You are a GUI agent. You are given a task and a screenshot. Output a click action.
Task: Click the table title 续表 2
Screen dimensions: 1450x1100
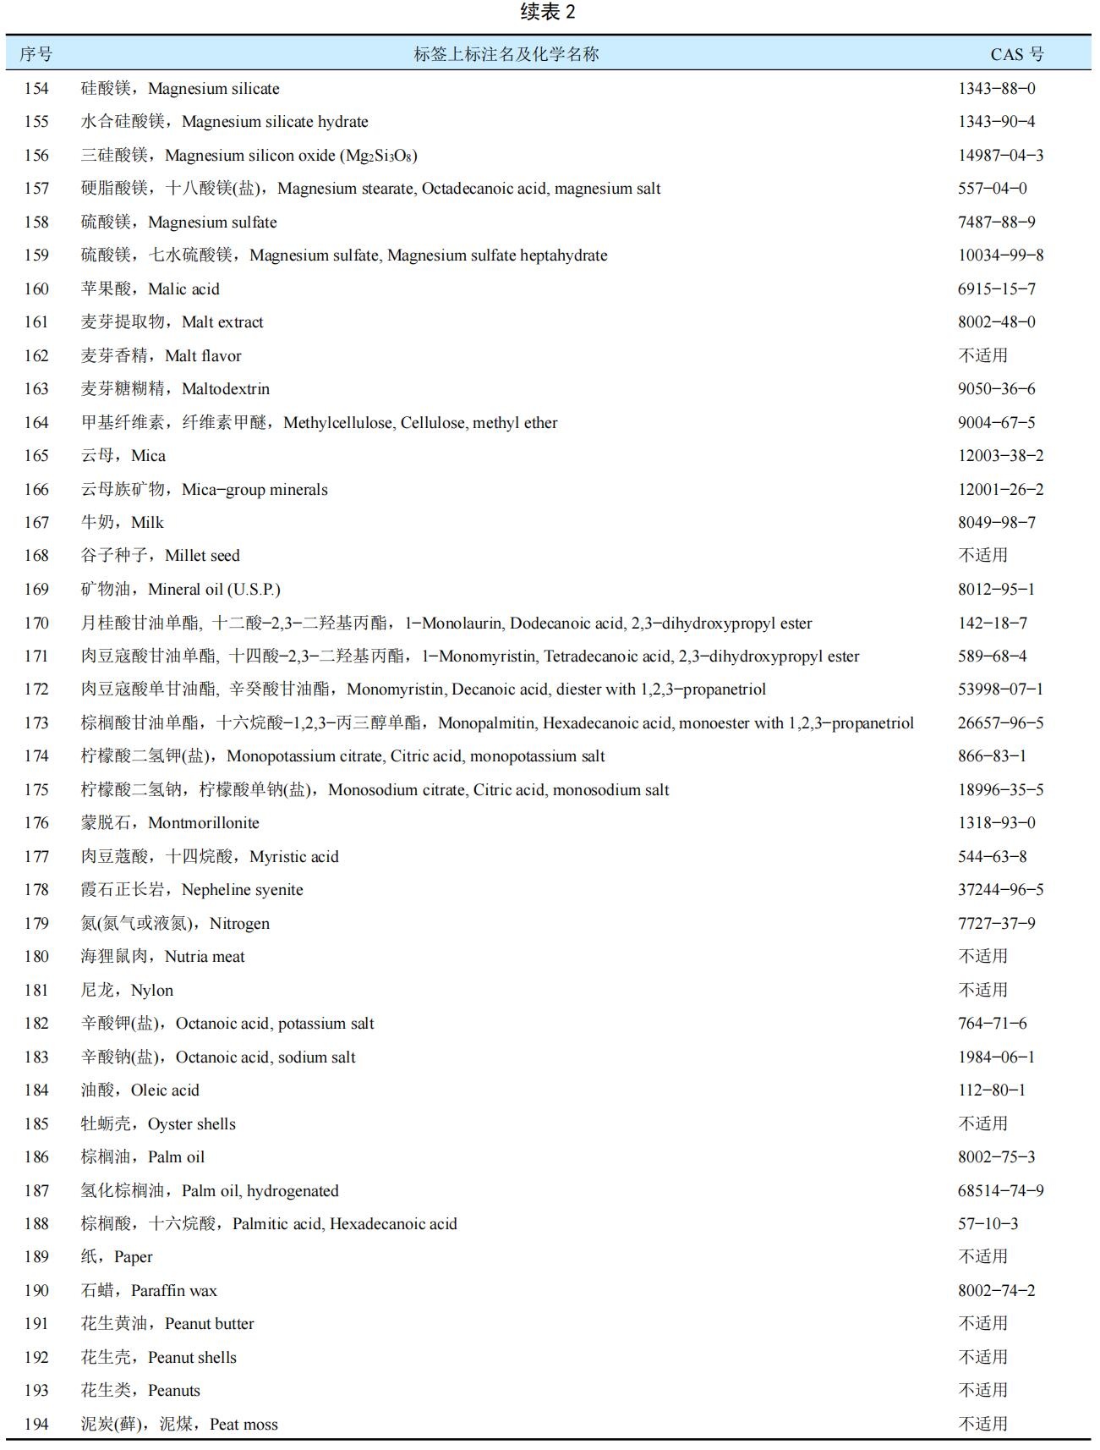[x=549, y=12]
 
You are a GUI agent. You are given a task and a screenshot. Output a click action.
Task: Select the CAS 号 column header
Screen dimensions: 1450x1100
[x=1016, y=54]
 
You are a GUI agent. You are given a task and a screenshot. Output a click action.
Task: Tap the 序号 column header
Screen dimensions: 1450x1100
[x=36, y=54]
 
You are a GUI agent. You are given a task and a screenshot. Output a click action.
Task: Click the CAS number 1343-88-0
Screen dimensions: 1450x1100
[x=996, y=88]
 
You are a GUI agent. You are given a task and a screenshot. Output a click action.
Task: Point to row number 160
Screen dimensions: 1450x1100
[x=36, y=288]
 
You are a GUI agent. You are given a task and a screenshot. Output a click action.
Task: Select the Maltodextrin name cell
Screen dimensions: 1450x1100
[x=175, y=389]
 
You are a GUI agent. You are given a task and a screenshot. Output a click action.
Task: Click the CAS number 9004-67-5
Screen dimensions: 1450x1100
[x=996, y=422]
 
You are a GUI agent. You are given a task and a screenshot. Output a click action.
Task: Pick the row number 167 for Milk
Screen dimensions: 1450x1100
[x=36, y=522]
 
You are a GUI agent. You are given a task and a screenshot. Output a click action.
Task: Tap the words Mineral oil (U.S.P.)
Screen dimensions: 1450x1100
[x=214, y=589]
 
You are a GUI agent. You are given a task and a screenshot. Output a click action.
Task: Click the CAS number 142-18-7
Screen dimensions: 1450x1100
[x=992, y=623]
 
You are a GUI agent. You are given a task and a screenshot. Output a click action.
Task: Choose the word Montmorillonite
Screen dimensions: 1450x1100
[x=203, y=822]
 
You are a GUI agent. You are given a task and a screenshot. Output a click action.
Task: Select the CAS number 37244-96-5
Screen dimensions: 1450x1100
[x=1000, y=889]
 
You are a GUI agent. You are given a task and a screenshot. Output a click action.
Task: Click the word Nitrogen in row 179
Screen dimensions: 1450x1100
[x=239, y=923]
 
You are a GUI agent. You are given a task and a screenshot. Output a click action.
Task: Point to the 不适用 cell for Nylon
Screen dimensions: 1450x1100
[x=982, y=990]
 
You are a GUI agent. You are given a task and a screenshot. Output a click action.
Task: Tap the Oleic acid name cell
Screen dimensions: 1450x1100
[x=140, y=1090]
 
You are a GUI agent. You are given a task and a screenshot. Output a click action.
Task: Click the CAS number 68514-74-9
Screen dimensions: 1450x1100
[x=1000, y=1190]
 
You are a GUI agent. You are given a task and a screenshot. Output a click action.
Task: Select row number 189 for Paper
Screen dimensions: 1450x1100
[x=36, y=1256]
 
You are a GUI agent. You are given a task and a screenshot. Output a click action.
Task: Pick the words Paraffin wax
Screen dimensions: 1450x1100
[x=173, y=1290]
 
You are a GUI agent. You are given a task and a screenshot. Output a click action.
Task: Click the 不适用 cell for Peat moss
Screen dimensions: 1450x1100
[x=982, y=1424]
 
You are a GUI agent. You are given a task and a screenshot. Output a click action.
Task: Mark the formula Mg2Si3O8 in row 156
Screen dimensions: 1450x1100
[x=380, y=156]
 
